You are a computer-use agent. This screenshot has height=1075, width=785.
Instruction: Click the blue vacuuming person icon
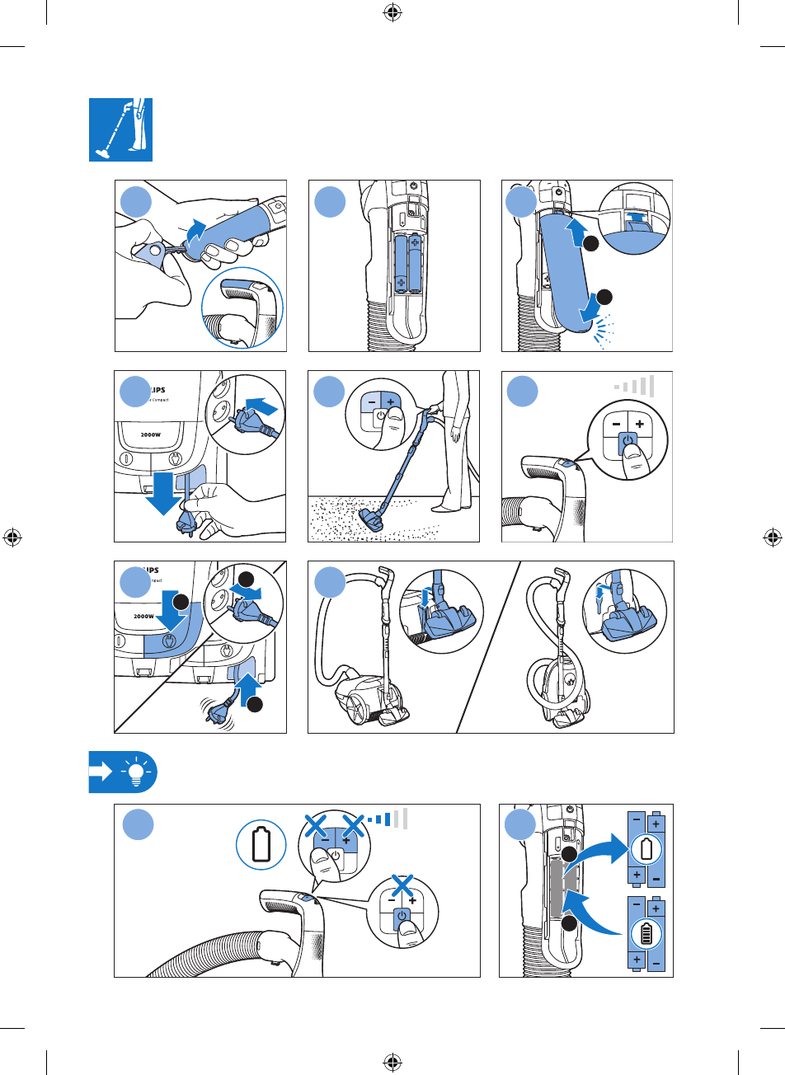120,130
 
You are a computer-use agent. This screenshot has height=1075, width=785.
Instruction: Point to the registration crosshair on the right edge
773,537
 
